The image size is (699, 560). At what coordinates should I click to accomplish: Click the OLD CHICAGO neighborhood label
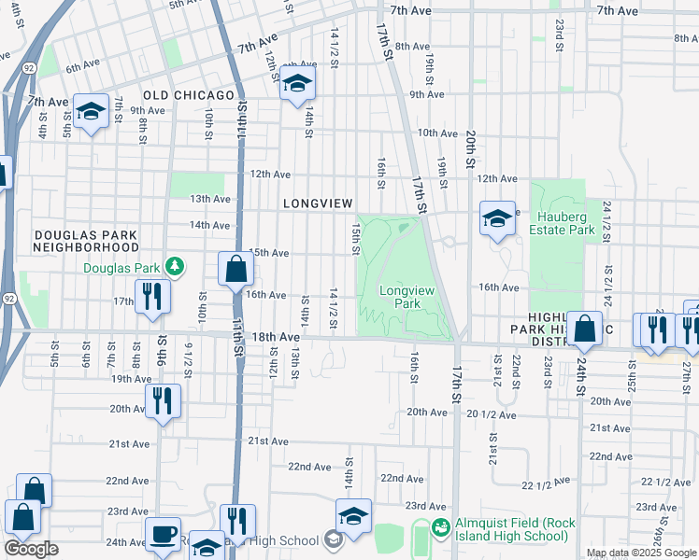pos(188,96)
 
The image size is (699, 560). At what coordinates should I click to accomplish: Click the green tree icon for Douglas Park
pos(173,268)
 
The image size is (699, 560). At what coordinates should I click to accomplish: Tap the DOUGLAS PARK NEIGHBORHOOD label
pos(85,241)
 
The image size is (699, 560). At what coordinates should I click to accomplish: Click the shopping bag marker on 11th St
pos(236,270)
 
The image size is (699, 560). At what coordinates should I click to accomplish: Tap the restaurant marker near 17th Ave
pos(151,296)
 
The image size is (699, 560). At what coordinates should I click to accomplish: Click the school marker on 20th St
pos(498,219)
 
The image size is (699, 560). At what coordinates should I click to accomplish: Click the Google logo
pos(31,549)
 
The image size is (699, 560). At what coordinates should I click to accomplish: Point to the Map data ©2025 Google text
pos(641,553)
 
